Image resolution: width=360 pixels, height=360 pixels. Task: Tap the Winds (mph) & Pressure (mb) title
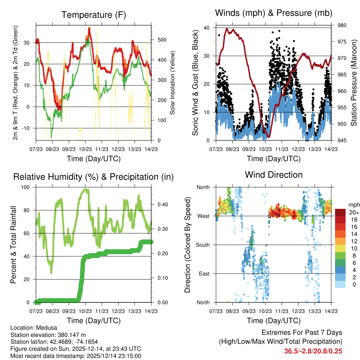click(274, 13)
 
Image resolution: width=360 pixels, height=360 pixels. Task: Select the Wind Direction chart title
click(274, 175)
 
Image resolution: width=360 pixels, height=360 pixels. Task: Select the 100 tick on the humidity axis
click(28, 187)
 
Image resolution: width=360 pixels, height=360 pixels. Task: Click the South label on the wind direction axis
click(203, 245)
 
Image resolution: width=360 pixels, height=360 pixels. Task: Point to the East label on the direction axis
click(204, 274)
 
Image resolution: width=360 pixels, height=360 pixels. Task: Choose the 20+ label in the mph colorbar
click(353, 212)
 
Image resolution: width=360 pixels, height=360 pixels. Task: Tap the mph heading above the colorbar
click(353, 205)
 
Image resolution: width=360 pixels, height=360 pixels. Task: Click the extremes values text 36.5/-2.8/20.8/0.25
click(313, 351)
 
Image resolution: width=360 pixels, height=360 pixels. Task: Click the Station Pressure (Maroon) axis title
click(354, 83)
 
